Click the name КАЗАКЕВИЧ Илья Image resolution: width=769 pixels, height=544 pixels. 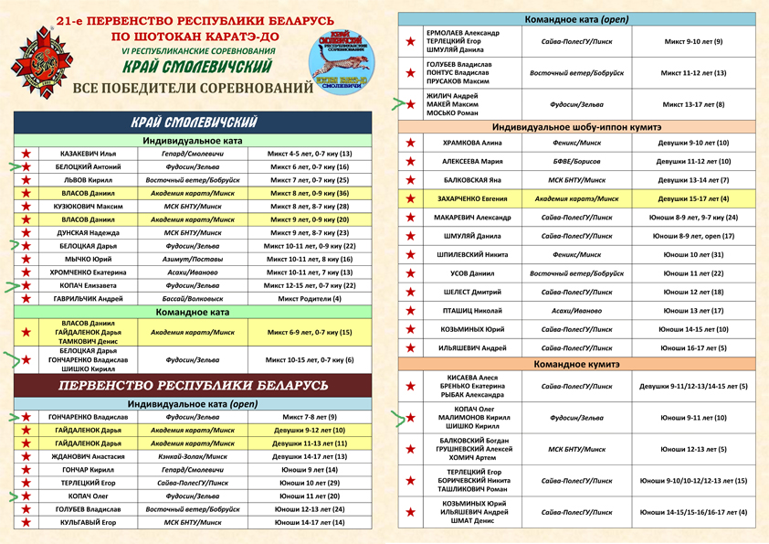click(x=88, y=154)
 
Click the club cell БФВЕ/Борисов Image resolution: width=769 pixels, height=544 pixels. click(x=576, y=161)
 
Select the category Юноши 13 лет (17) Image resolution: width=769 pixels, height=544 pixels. click(x=692, y=311)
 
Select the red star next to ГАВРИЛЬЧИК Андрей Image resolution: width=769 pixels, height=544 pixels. click(x=27, y=299)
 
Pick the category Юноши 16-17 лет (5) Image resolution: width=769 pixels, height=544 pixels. click(x=692, y=348)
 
